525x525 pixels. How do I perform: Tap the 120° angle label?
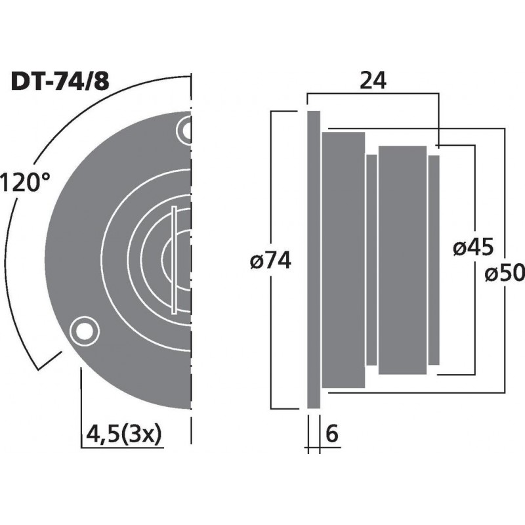[x=26, y=182]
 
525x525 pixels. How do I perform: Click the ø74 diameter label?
[x=270, y=261]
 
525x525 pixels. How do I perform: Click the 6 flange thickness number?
[x=332, y=434]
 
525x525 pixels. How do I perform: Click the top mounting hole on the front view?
[x=186, y=131]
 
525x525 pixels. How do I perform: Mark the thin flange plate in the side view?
[x=314, y=261]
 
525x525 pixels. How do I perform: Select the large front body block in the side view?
[x=343, y=261]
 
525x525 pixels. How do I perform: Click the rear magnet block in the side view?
[x=402, y=261]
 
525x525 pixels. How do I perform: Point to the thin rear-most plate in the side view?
[x=434, y=261]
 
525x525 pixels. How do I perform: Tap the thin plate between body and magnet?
[x=371, y=261]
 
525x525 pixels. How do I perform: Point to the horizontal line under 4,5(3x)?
[x=125, y=448]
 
